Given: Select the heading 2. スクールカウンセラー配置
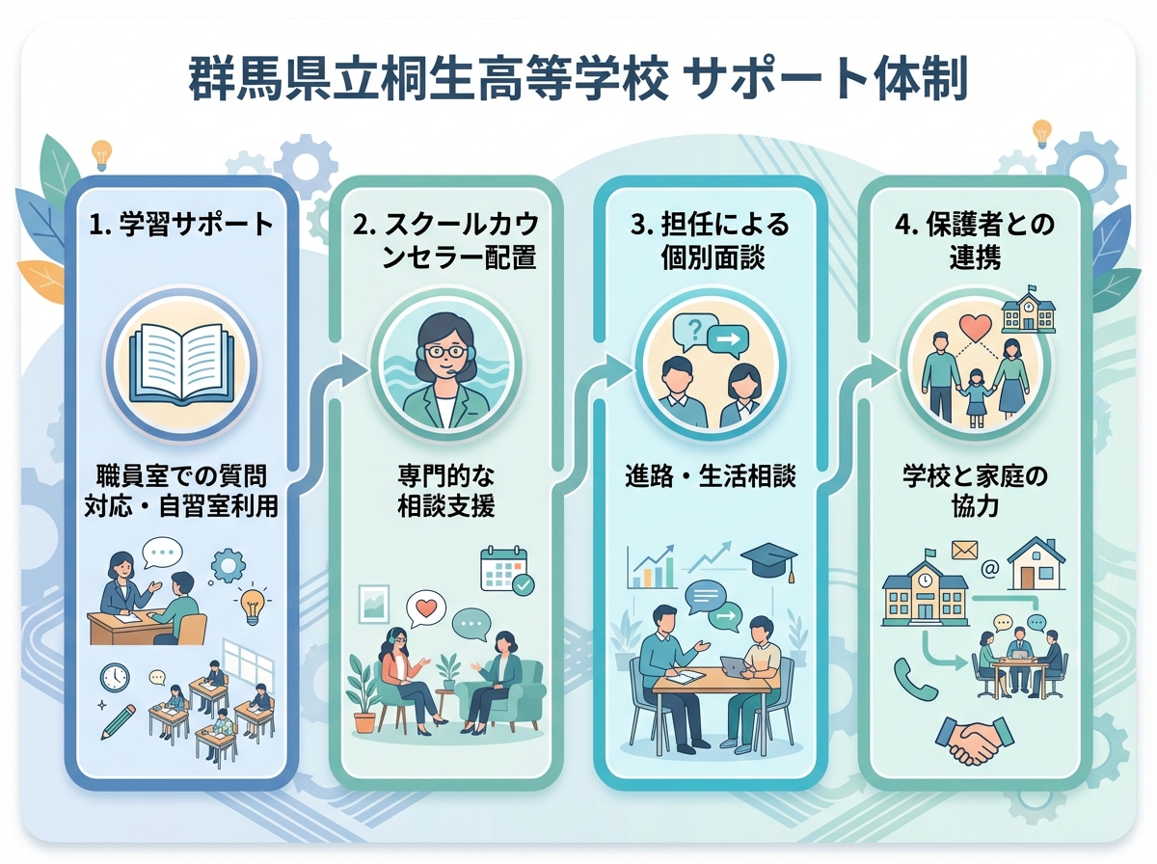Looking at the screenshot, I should click(445, 242).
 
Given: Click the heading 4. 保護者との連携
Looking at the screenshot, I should click(975, 242).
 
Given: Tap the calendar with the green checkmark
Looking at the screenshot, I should click(505, 571).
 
